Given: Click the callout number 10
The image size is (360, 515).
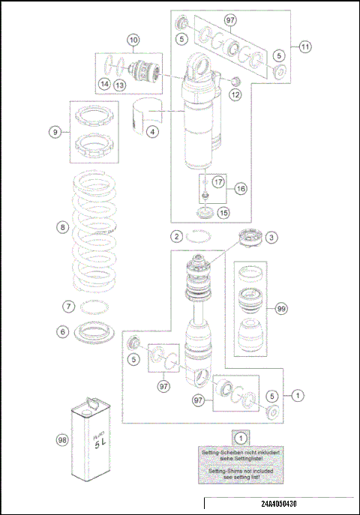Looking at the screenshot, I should point(133,39).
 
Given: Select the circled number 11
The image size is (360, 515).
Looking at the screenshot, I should point(305,46).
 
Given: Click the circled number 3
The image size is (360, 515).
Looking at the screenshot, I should point(271,237).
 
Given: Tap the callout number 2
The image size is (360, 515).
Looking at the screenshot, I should point(175,237).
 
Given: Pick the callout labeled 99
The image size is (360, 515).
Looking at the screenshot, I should point(282,308).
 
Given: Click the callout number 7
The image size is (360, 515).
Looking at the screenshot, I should point(67,306).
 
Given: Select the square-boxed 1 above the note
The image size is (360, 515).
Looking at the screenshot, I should point(240,437).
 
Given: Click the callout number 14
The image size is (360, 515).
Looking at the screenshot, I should point(105,84).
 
